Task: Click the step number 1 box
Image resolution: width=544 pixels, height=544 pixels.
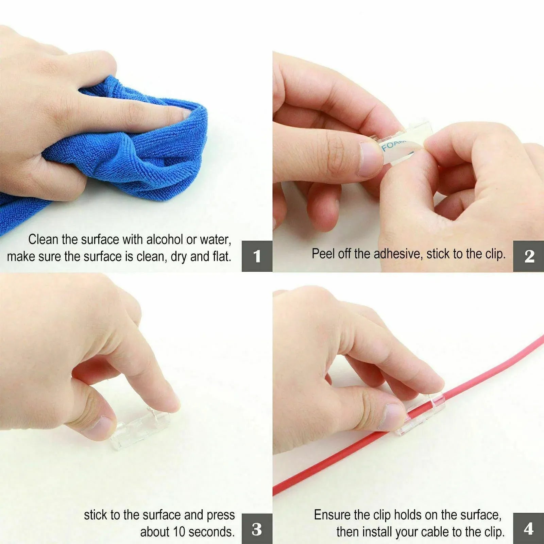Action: tap(257, 256)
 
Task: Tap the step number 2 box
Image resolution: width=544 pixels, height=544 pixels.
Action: tap(528, 256)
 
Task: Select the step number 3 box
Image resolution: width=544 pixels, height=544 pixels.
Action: tap(257, 529)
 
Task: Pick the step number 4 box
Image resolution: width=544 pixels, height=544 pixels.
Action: tap(528, 529)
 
